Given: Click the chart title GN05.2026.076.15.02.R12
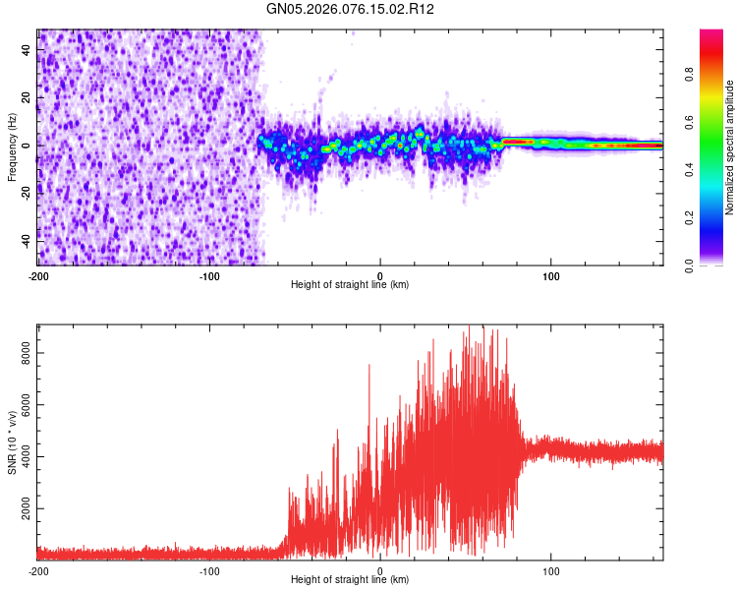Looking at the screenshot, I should coord(351,9).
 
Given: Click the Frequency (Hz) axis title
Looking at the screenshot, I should coord(12,147).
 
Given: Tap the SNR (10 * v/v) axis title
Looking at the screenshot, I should coord(12,442).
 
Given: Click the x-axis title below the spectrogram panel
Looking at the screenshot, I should coord(350,285).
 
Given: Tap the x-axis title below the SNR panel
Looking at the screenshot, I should coord(350,580).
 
